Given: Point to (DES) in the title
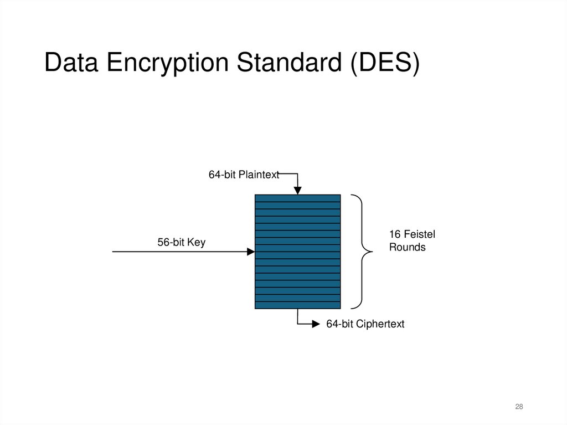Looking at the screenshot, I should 384,63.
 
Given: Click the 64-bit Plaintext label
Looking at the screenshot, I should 244,175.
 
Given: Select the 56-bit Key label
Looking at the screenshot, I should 181,242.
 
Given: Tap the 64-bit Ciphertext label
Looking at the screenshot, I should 365,324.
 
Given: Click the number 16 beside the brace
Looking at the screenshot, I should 395,235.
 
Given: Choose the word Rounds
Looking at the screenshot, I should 407,247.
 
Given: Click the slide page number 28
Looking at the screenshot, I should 519,407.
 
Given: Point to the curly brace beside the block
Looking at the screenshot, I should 363,252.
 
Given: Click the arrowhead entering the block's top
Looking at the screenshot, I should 297,190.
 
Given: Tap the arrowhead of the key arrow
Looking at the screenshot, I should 250,252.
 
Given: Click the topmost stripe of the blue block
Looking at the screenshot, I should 297,198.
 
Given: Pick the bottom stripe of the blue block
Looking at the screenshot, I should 297,305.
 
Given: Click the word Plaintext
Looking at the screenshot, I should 260,175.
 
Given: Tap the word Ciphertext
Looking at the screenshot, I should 380,324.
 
